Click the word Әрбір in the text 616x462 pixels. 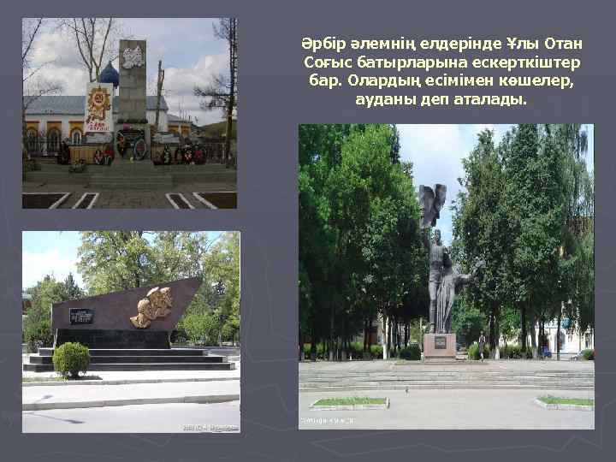tap(317, 43)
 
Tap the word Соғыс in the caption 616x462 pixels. tap(327, 62)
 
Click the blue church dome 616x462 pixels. tap(109, 75)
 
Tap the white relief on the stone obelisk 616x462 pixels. tap(132, 58)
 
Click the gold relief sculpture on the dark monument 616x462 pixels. tap(151, 307)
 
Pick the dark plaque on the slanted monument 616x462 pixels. tap(81, 315)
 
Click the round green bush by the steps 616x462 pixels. tap(71, 359)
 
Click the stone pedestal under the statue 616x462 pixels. tap(440, 346)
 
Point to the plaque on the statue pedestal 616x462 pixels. tap(440, 343)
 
